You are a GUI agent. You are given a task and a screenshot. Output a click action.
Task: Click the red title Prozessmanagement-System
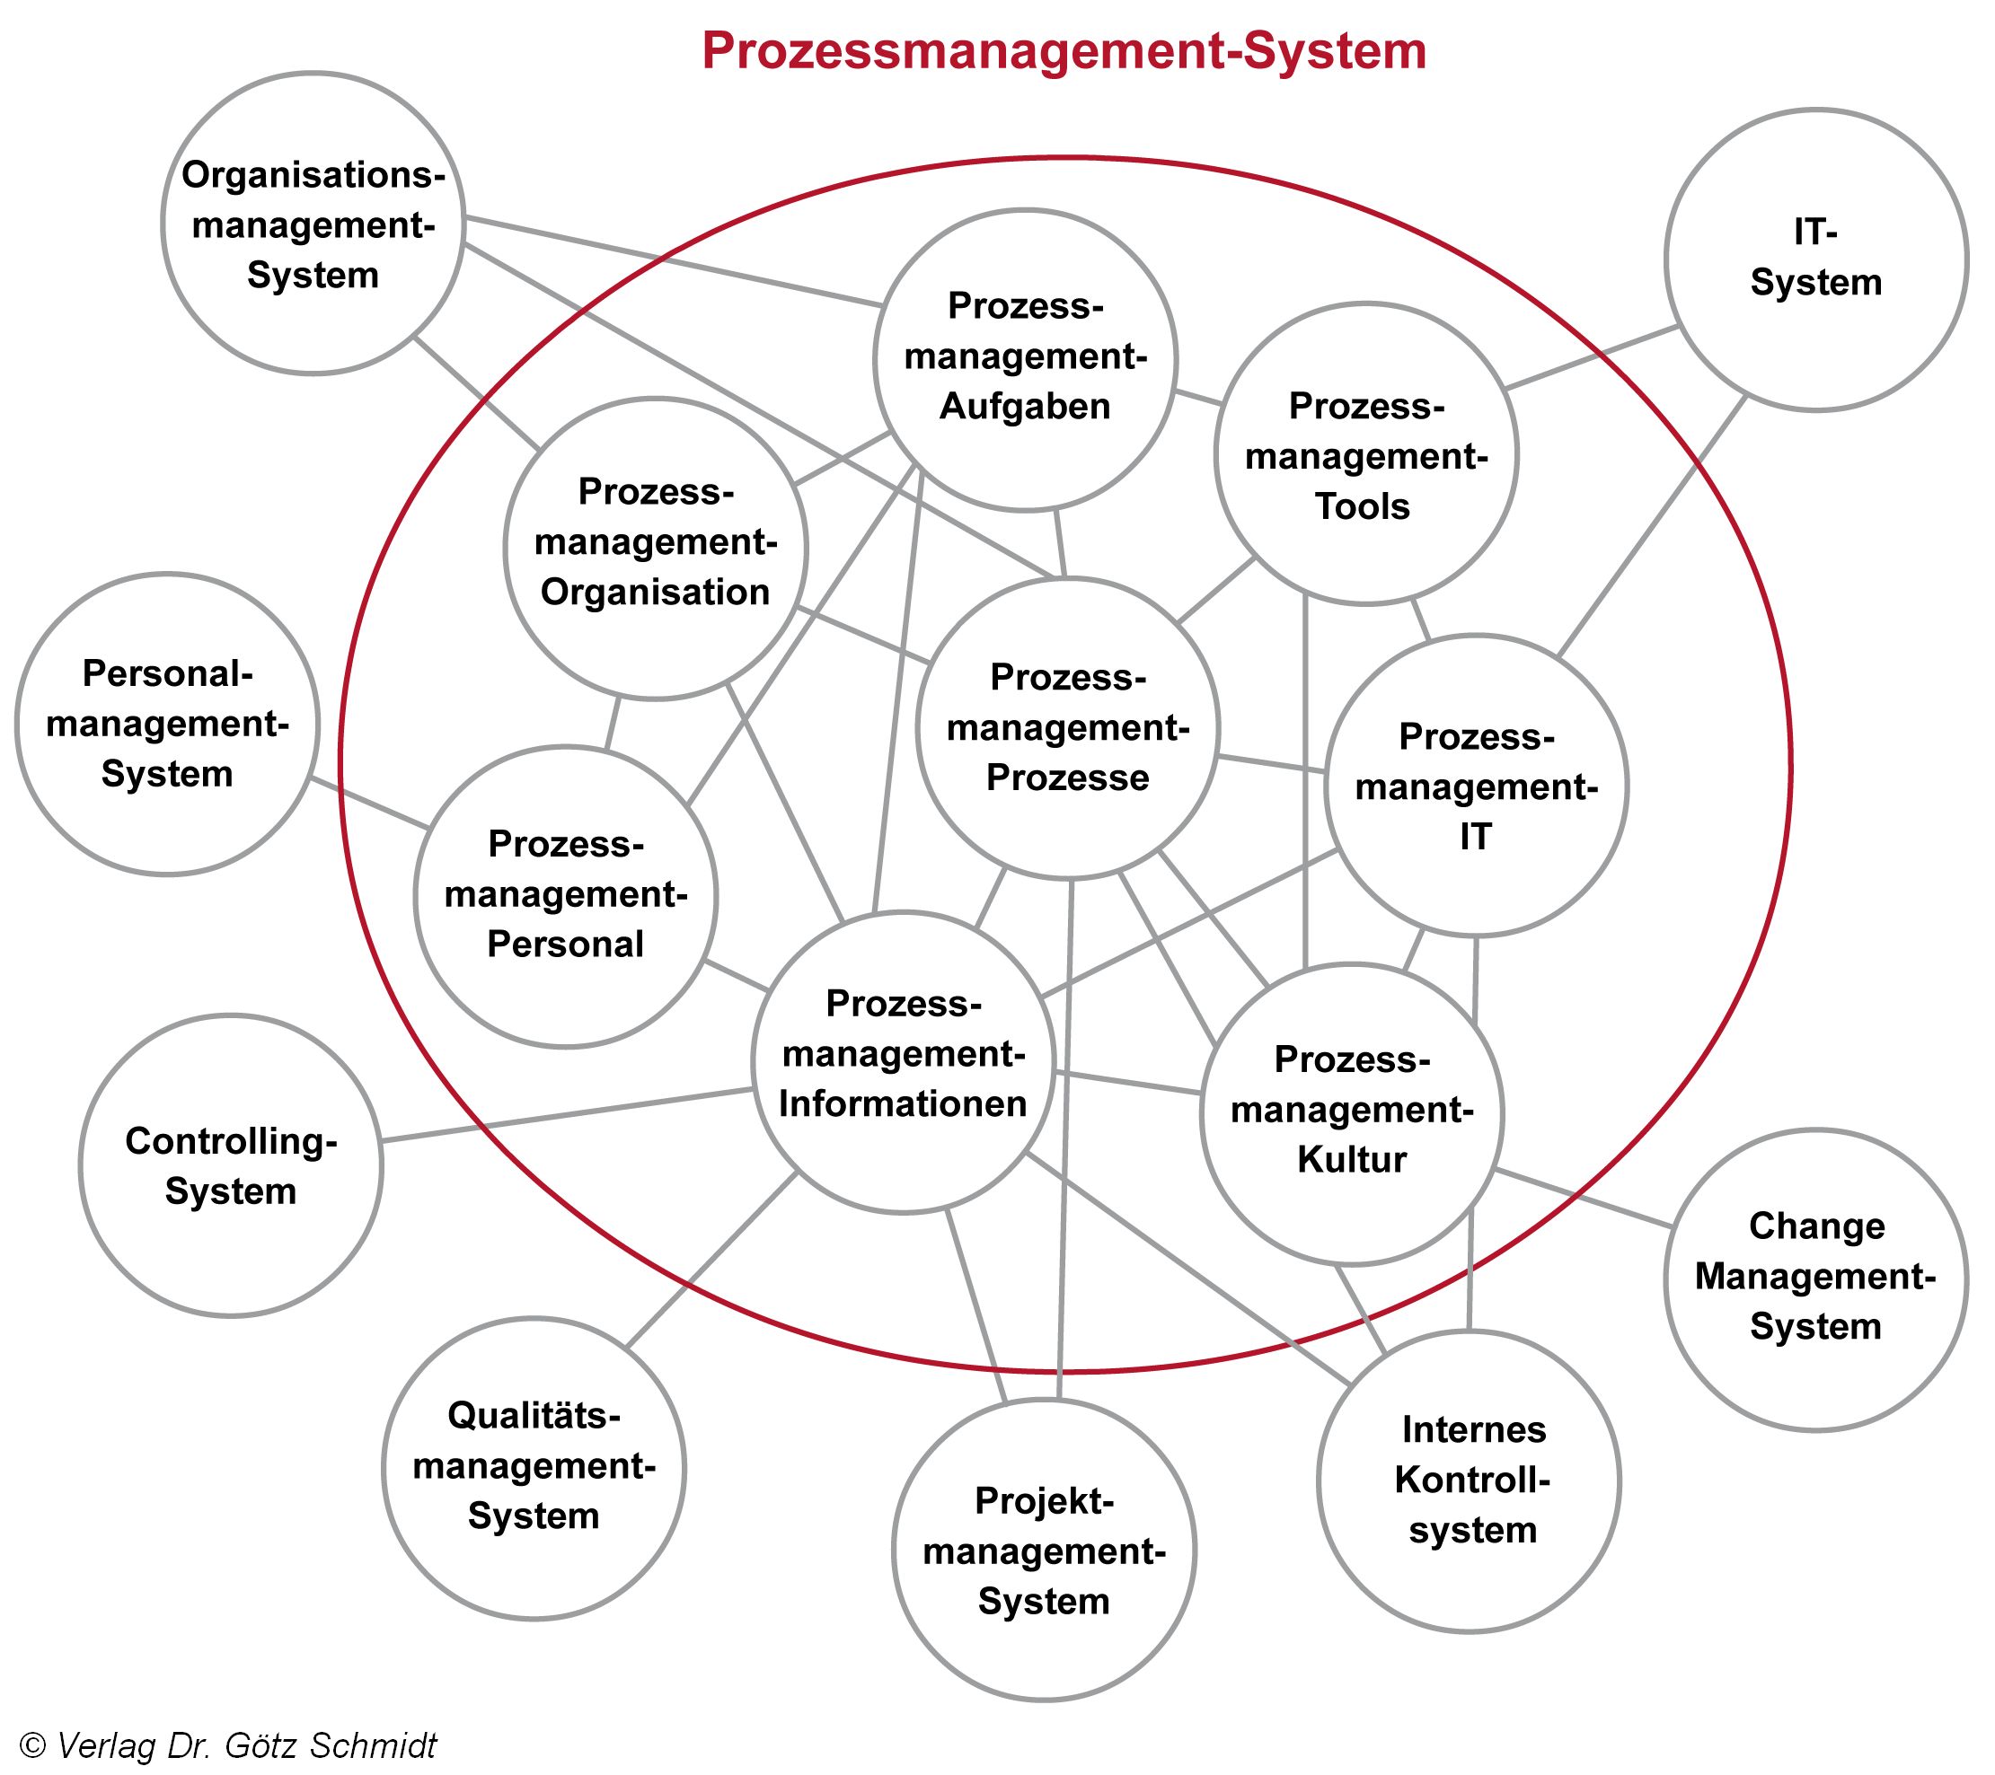(1064, 51)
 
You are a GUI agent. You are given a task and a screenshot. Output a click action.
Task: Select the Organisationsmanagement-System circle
(313, 224)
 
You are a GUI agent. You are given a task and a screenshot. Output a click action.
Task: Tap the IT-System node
(1815, 259)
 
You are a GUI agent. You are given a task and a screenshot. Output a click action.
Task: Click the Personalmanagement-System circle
(167, 723)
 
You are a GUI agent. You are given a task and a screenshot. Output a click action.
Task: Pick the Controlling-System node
(230, 1165)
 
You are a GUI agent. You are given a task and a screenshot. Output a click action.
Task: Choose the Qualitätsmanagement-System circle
(533, 1468)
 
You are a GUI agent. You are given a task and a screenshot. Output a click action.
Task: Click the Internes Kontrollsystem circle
(1469, 1481)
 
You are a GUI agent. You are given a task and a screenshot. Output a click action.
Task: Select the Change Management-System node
(1815, 1279)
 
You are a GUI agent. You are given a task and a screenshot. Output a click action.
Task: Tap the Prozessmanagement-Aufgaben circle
(1025, 358)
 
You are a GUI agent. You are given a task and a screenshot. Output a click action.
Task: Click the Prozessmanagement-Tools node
(1365, 453)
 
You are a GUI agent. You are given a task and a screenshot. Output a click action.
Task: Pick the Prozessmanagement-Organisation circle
(655, 548)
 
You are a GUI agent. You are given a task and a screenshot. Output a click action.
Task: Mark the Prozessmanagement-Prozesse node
(1068, 727)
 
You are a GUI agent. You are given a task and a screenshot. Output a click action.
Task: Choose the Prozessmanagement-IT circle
(1476, 786)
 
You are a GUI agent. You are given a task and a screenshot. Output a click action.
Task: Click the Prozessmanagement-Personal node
(565, 896)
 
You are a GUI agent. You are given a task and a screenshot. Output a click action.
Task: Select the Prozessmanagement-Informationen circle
(903, 1062)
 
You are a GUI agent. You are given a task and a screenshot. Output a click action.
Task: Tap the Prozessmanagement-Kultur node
(1352, 1113)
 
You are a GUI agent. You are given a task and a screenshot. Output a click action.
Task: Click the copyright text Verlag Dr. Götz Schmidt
(228, 1744)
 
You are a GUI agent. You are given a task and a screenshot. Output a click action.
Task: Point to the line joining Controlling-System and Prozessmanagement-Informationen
(566, 1115)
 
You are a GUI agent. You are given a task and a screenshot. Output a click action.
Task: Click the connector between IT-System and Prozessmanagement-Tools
(1591, 357)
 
